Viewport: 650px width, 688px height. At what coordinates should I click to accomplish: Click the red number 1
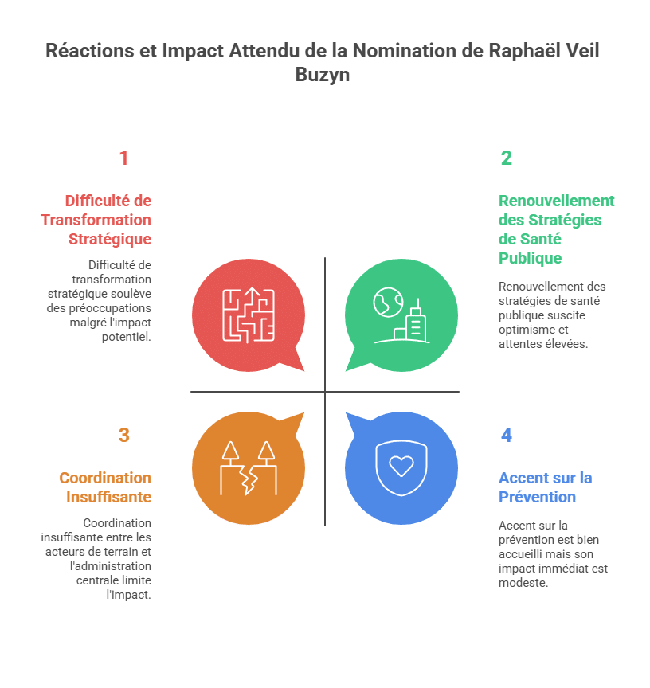click(123, 158)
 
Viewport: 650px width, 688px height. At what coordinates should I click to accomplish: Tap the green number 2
click(506, 158)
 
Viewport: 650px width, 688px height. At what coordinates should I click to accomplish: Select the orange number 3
click(123, 436)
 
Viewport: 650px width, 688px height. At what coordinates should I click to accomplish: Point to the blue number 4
click(506, 436)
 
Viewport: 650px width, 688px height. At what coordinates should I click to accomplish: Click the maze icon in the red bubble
click(249, 314)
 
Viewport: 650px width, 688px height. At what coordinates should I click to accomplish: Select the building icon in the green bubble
click(415, 321)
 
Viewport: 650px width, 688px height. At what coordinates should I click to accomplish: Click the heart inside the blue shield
click(401, 466)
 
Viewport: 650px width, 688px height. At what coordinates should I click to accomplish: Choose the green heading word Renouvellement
click(556, 201)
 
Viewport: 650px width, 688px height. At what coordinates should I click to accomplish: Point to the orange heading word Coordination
click(105, 478)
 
